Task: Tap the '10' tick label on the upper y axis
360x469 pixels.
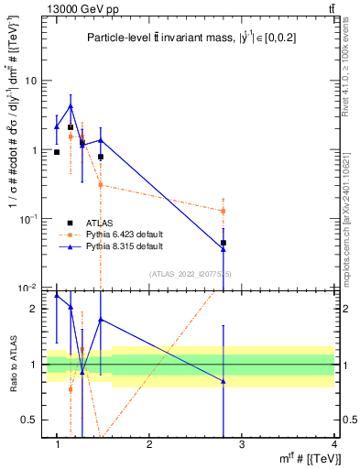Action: pos(29,81)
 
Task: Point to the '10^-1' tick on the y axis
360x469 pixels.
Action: pos(27,219)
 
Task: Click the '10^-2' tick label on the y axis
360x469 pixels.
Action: pos(27,289)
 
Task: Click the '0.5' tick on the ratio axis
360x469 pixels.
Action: pos(28,420)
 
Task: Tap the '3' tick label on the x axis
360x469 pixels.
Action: pos(242,444)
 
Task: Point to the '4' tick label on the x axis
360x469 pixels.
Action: pos(333,444)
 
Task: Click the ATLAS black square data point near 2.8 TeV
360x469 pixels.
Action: pos(224,243)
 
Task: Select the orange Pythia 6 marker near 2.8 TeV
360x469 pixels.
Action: pos(224,211)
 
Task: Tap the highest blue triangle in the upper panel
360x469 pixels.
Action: pos(71,106)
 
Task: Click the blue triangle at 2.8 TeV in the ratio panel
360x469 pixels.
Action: pos(224,381)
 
